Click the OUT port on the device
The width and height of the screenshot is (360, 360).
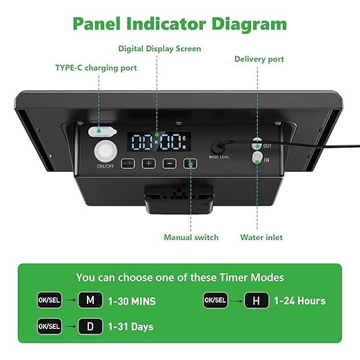click(x=257, y=144)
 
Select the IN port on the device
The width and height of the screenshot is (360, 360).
click(x=257, y=158)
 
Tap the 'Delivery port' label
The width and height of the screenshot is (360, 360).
click(x=259, y=59)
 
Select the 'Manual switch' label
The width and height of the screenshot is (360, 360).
click(x=191, y=237)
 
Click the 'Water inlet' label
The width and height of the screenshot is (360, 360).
click(x=261, y=237)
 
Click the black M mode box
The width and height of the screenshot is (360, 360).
click(x=90, y=301)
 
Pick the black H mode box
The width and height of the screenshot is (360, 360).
click(x=257, y=301)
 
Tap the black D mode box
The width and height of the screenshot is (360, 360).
click(x=90, y=326)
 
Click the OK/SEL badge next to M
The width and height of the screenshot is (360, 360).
click(x=50, y=301)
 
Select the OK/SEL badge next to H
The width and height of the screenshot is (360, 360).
click(x=216, y=301)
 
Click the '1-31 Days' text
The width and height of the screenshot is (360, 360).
click(x=130, y=326)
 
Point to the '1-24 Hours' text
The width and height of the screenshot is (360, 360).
click(x=299, y=301)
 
